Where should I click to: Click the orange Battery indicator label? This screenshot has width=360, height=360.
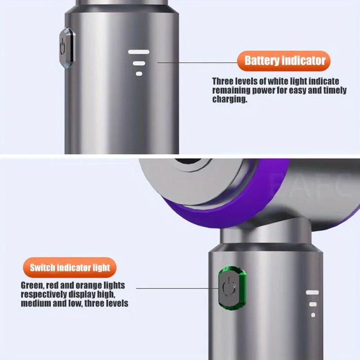tap(285, 61)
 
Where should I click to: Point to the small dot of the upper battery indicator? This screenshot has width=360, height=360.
tap(139, 73)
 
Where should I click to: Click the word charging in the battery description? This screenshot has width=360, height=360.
tap(229, 100)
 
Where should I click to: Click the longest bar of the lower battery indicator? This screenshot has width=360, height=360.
tap(312, 292)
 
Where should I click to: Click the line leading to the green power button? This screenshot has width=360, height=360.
tap(175, 288)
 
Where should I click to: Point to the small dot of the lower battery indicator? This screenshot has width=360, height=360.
tap(313, 315)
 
